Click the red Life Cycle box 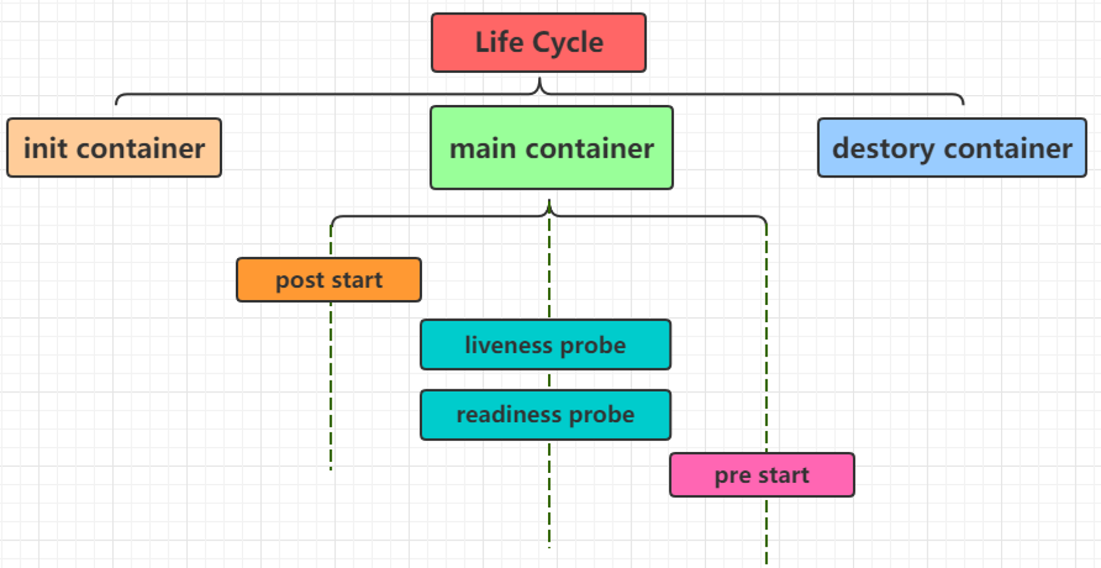click(x=538, y=42)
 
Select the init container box click(x=114, y=148)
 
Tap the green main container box click(x=552, y=148)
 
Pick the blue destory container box click(x=952, y=148)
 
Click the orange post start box click(x=329, y=280)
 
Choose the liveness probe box click(x=546, y=344)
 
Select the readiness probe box click(x=546, y=415)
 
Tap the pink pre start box click(x=762, y=475)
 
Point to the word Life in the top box click(x=499, y=42)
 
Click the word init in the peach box click(x=46, y=148)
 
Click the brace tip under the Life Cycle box click(x=539, y=78)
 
